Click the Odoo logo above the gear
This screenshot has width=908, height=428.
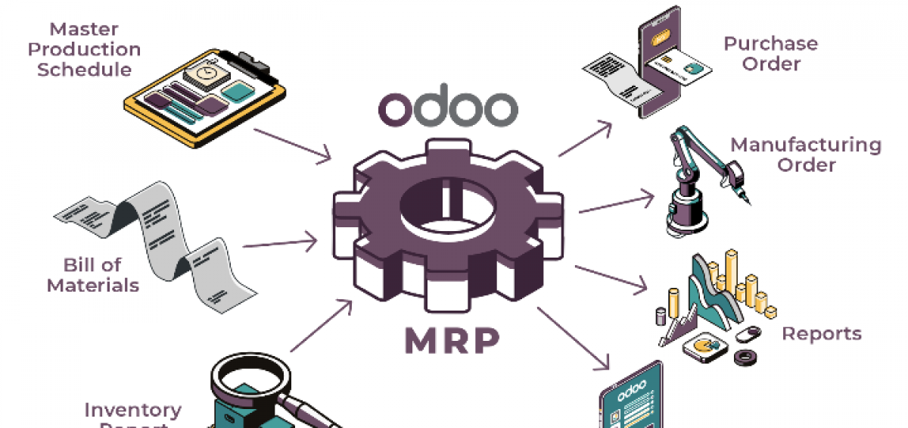(448, 109)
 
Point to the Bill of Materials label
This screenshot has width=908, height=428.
(93, 275)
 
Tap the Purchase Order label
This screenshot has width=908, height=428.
(771, 54)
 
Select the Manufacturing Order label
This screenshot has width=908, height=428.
(806, 155)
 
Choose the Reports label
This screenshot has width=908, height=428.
(822, 333)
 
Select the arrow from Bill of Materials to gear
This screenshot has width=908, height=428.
(279, 244)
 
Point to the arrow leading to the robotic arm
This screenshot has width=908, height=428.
(616, 203)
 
